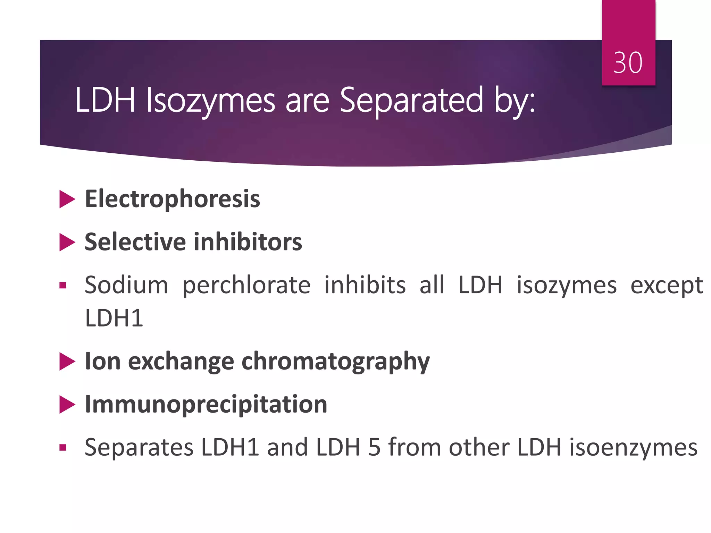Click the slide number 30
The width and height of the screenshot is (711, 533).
[628, 63]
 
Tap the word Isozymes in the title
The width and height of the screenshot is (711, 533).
[210, 101]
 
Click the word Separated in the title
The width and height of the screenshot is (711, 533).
[411, 101]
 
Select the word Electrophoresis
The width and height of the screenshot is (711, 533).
[173, 199]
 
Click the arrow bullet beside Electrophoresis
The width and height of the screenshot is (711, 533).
[67, 199]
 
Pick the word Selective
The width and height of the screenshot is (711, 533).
[135, 242]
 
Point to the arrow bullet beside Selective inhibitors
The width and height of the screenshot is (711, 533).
[67, 242]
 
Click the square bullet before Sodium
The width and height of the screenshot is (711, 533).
[63, 286]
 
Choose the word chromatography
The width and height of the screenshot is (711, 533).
[335, 362]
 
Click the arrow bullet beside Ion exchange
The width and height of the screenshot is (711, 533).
[67, 362]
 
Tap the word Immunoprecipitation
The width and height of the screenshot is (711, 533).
[206, 405]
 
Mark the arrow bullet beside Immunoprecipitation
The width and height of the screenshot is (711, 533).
[67, 405]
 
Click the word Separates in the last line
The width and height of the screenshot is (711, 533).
[139, 447]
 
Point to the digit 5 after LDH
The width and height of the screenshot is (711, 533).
[374, 447]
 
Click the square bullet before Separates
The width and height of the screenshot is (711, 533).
[63, 448]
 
